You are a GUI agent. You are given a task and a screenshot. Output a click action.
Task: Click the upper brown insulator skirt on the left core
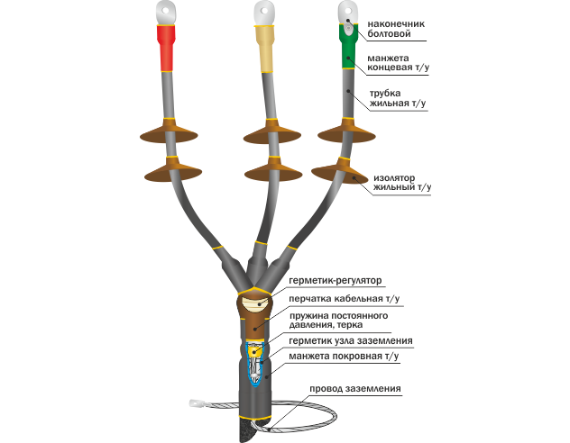pyautogui.click(x=169, y=132)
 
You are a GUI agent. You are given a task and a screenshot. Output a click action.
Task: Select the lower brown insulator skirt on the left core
pyautogui.click(x=171, y=170)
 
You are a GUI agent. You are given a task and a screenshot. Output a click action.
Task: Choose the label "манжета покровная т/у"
pyautogui.click(x=344, y=357)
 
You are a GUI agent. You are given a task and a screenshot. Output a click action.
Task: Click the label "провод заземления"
pyautogui.click(x=354, y=389)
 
